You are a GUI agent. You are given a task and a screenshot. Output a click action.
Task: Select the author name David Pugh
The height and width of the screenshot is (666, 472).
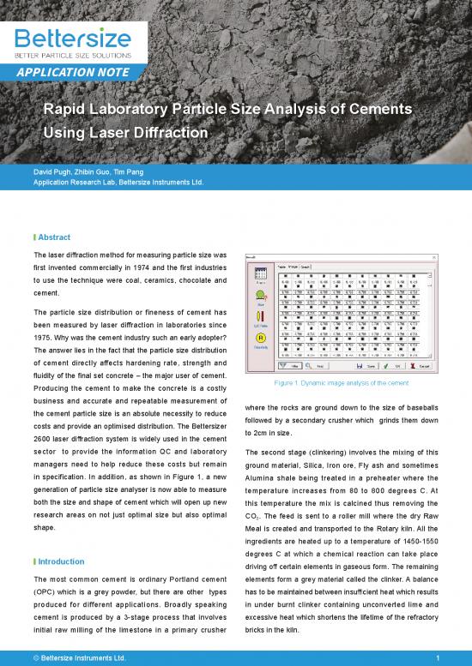point(52,172)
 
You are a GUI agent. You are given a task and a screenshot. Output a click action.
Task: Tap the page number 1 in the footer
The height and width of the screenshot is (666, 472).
point(438,657)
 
